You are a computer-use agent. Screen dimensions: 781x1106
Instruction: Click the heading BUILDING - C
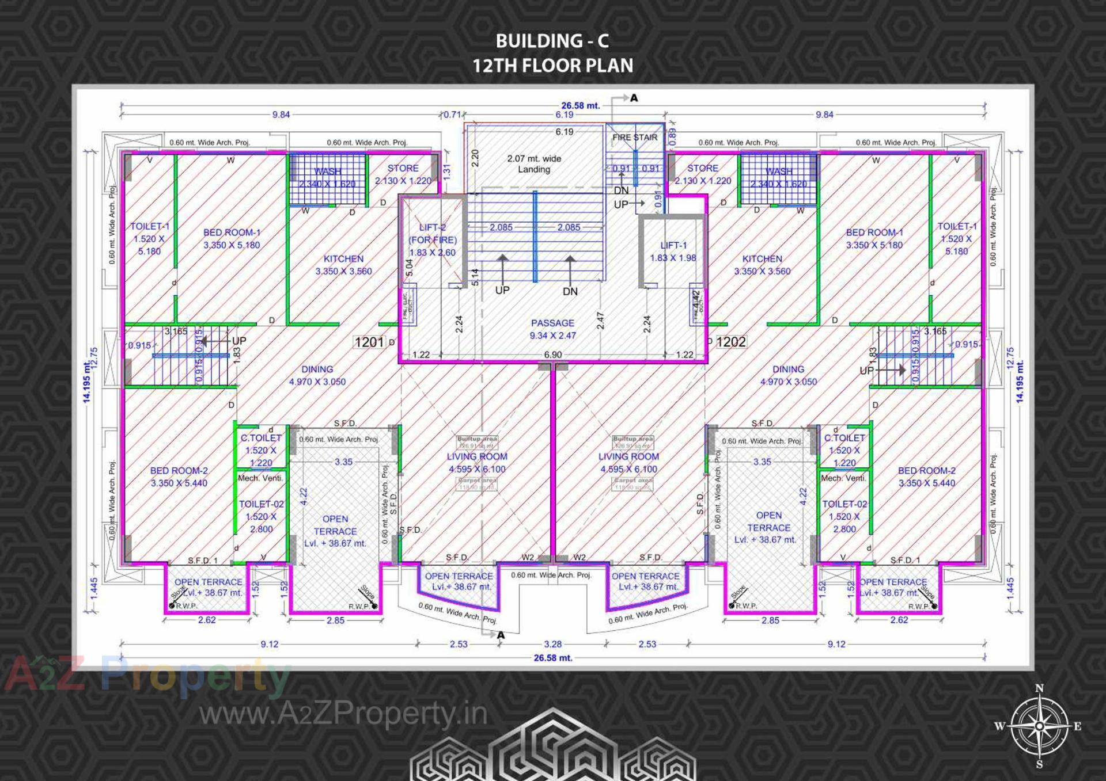tap(552, 41)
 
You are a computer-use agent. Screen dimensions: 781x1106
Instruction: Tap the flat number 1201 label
tap(369, 342)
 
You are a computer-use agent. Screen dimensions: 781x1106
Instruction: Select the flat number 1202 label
tap(731, 342)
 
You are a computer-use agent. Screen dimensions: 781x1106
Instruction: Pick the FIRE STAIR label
tap(634, 138)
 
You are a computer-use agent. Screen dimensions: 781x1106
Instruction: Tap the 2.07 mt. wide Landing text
tap(533, 163)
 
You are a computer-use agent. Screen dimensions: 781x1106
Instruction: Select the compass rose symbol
tap(1039, 726)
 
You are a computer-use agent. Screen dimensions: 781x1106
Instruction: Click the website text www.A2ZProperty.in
tap(343, 714)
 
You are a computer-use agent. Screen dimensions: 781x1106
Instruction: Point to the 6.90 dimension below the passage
tap(552, 355)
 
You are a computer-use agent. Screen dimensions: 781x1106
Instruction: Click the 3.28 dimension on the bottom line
tap(552, 644)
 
